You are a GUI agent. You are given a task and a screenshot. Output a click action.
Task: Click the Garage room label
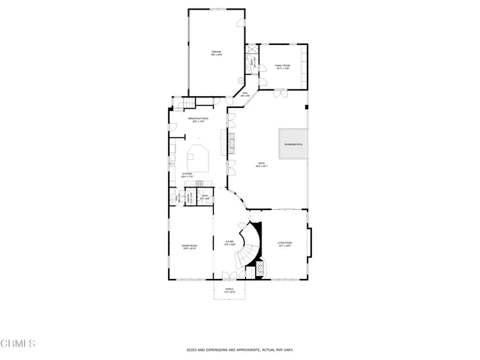[x=216, y=52]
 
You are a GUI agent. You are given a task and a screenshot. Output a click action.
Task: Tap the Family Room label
[x=282, y=67]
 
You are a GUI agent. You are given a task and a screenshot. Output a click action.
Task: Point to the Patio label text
[x=262, y=165]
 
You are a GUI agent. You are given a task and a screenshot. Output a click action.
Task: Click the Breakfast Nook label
[x=198, y=120]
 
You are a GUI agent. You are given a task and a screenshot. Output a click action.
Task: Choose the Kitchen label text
[x=187, y=175]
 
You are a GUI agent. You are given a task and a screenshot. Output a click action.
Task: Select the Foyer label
[x=229, y=243]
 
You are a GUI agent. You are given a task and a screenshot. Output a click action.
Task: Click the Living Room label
[x=284, y=243]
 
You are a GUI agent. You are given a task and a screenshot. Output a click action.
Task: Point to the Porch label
[x=229, y=291]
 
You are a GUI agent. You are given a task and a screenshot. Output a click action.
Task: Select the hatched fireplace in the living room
[x=261, y=268]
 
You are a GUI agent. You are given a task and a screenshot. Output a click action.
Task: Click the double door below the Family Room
[x=280, y=93]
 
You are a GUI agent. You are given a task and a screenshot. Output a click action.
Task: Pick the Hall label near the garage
[x=244, y=94]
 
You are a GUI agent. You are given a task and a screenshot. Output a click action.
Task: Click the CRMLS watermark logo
[x=18, y=343]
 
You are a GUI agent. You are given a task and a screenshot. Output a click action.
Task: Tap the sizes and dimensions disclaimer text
[x=240, y=349]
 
